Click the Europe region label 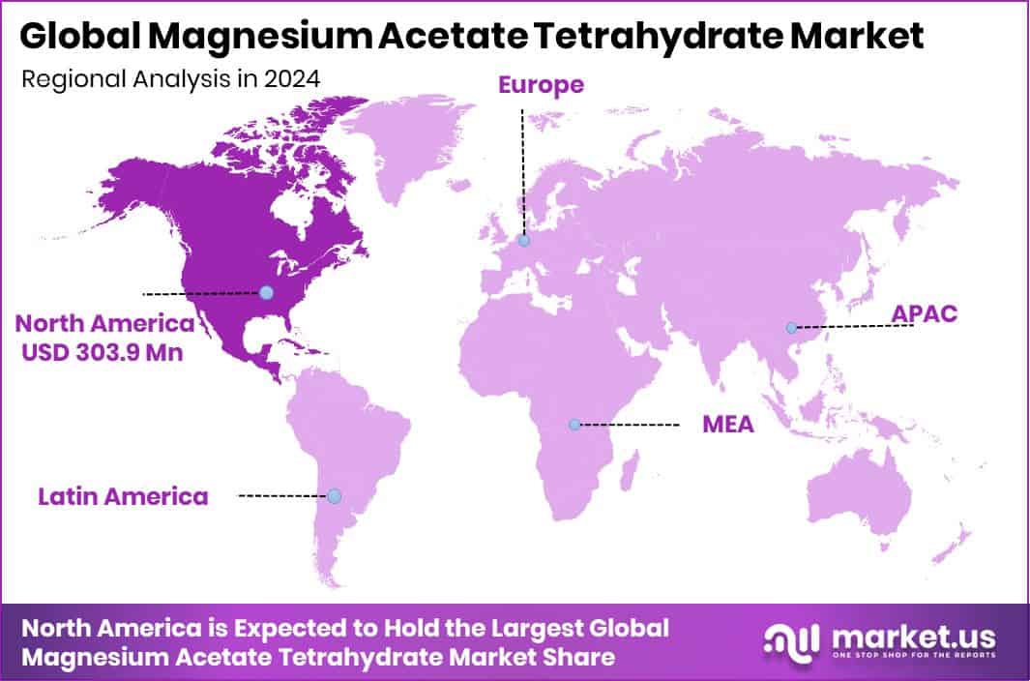(541, 85)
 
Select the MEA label (728, 425)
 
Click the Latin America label (123, 497)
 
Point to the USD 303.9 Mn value (103, 353)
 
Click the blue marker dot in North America (267, 292)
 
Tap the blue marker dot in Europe (523, 241)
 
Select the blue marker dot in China (791, 328)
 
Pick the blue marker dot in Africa (574, 424)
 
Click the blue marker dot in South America (334, 495)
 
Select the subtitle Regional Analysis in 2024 (170, 79)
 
